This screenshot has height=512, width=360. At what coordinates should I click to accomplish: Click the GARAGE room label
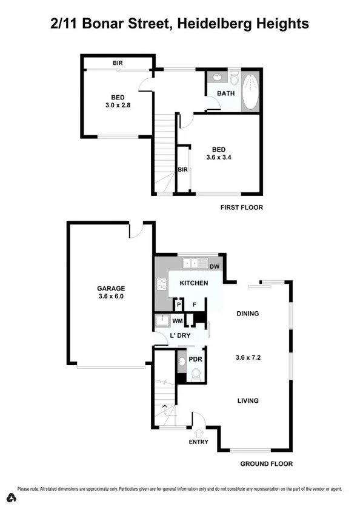[x=112, y=289]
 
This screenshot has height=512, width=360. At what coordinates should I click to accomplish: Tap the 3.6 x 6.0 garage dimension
[x=112, y=297]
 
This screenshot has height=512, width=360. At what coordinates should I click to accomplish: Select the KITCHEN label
[x=194, y=283]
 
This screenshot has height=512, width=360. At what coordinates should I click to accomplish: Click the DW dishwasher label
[x=213, y=266]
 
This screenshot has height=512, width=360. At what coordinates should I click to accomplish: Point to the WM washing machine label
[x=178, y=320]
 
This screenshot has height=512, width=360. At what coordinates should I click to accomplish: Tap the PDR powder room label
[x=195, y=360]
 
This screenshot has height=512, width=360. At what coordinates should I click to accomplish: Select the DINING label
[x=248, y=314]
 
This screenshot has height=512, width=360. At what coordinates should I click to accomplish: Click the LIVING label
[x=248, y=400]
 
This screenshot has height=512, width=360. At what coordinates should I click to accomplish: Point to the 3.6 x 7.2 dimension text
[x=248, y=357]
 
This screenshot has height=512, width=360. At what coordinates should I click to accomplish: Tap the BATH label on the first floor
[x=225, y=93]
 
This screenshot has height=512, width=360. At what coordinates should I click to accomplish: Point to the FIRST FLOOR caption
[x=241, y=207]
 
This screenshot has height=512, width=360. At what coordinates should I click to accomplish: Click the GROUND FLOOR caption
[x=267, y=464]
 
